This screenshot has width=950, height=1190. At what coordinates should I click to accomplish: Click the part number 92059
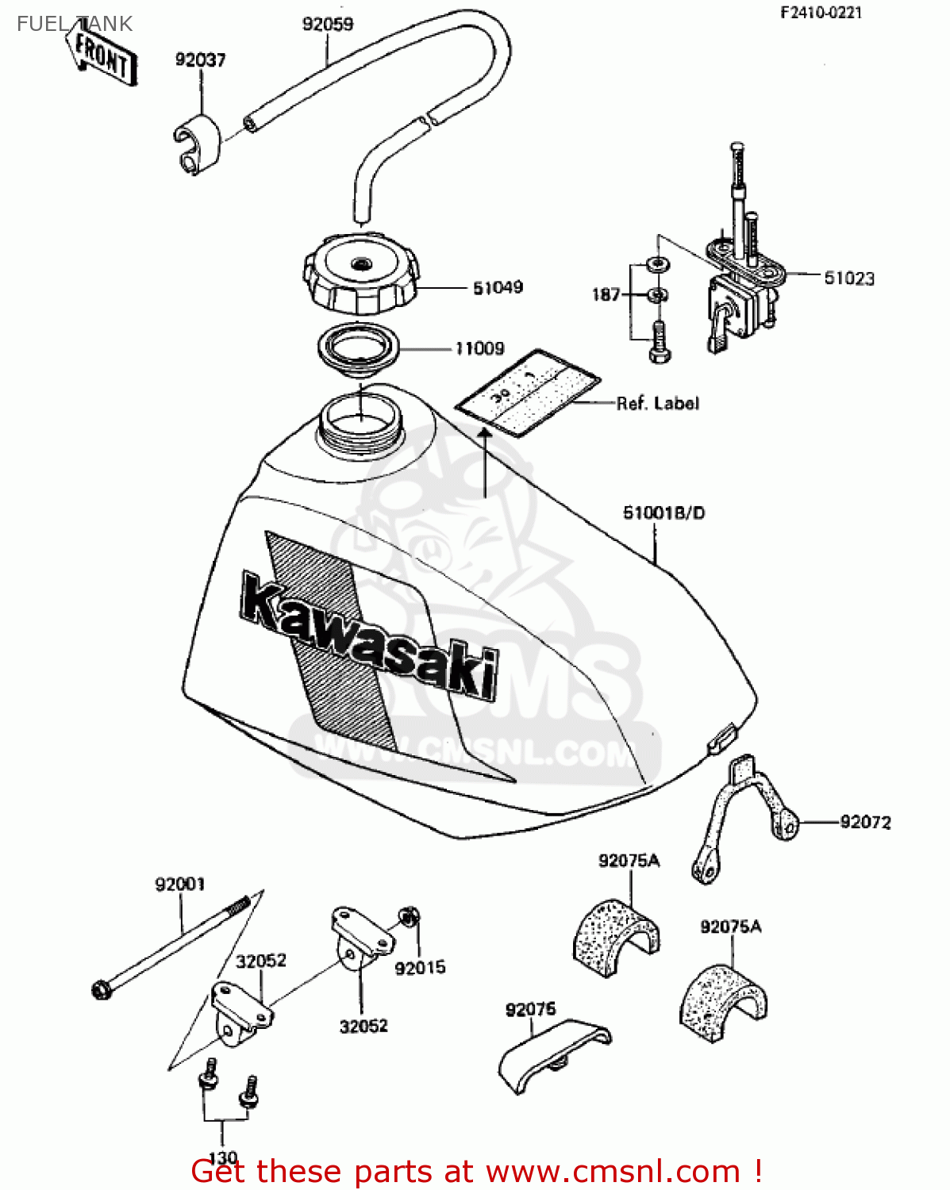pyautogui.click(x=327, y=24)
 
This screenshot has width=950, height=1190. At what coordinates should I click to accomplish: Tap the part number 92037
pyautogui.click(x=200, y=59)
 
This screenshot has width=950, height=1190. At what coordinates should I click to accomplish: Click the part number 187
pyautogui.click(x=606, y=294)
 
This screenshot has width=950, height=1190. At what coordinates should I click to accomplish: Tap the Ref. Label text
pyautogui.click(x=658, y=403)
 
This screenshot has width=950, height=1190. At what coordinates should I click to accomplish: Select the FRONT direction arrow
pyautogui.click(x=102, y=56)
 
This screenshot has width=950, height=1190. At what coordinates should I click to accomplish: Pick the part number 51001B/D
pyautogui.click(x=663, y=512)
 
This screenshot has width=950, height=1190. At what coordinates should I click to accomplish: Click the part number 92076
pyautogui.click(x=530, y=1009)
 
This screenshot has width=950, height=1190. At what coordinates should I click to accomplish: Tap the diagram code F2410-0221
pyautogui.click(x=821, y=13)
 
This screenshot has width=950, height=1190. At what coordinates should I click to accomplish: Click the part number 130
pyautogui.click(x=223, y=1157)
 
